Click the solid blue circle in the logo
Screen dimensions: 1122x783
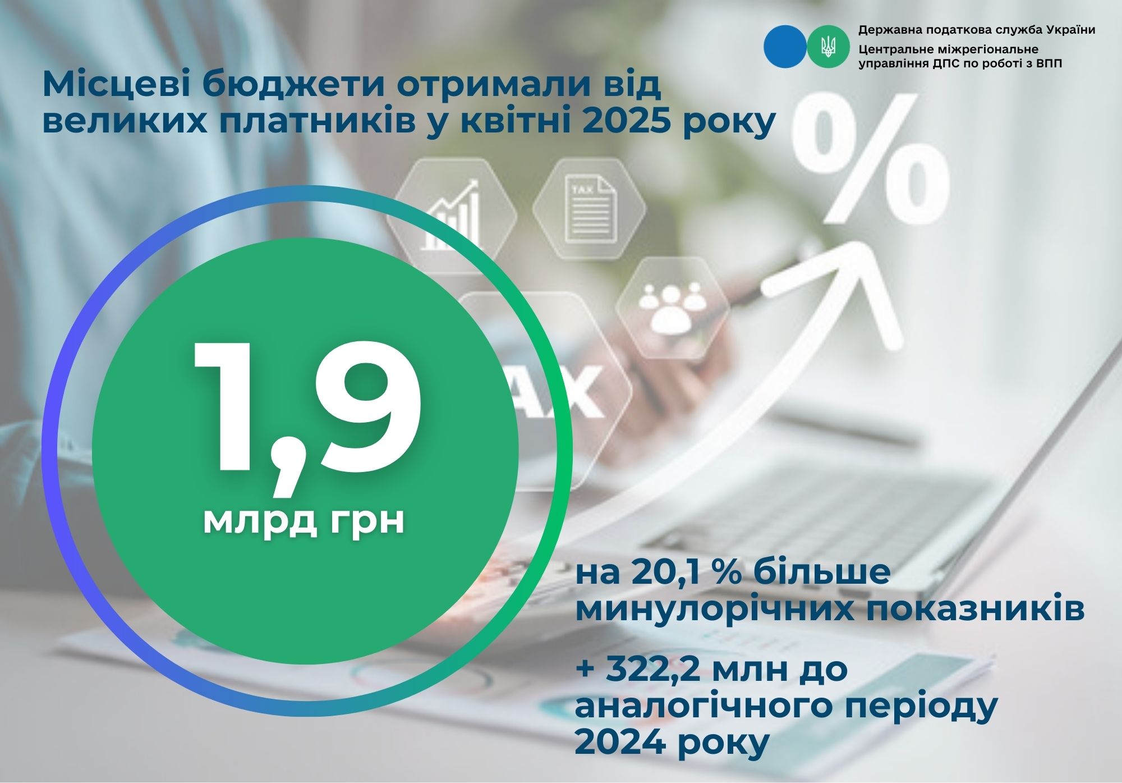tap(785, 45)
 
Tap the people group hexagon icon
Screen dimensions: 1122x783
tap(673, 308)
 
